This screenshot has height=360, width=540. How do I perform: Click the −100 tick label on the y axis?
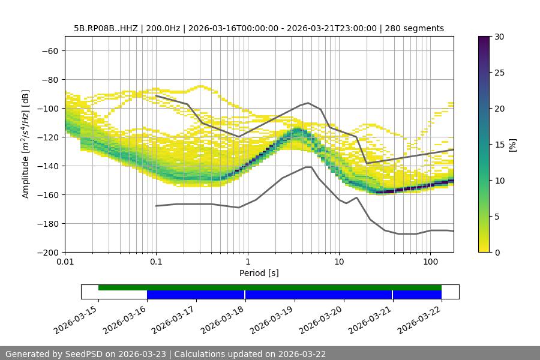click(49, 109)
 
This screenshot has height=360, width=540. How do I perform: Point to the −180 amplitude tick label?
click(49, 224)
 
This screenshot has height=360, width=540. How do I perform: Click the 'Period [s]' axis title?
click(259, 273)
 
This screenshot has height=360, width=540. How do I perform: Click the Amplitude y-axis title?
click(26, 144)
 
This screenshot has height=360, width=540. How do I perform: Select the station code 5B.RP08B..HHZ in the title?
click(106, 28)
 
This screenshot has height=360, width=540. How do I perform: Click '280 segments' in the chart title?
click(415, 28)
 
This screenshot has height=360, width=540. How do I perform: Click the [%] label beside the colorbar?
click(512, 145)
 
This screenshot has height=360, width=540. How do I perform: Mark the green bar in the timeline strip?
click(270, 287)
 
